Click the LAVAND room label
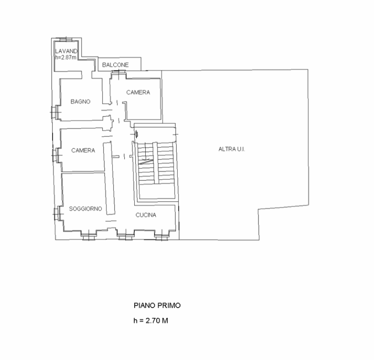tap(66, 51)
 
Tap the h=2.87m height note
tap(66, 57)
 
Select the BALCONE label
tap(116, 65)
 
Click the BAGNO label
tap(80, 101)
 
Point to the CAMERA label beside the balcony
tap(138, 92)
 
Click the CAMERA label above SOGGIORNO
tap(83, 150)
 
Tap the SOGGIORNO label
tap(86, 208)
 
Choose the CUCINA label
tap(146, 215)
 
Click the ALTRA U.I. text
tap(231, 149)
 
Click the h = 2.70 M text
tap(150, 320)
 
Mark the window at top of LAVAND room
tap(66, 39)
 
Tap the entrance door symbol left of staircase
tap(137, 134)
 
